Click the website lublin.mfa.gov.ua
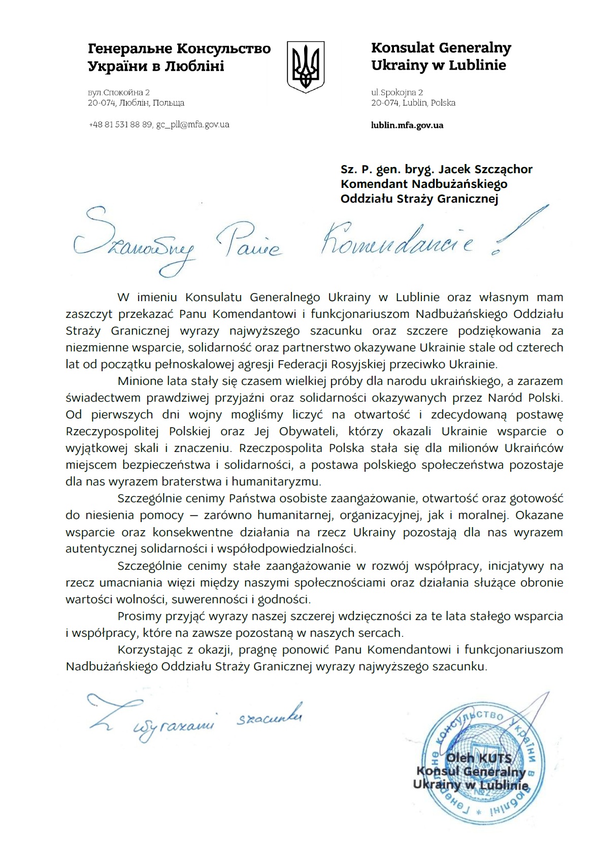[407, 125]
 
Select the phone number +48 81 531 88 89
[120, 124]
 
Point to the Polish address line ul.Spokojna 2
[397, 92]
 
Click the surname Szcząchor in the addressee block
[501, 169]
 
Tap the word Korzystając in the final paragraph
[149, 650]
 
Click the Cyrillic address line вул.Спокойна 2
[119, 92]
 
